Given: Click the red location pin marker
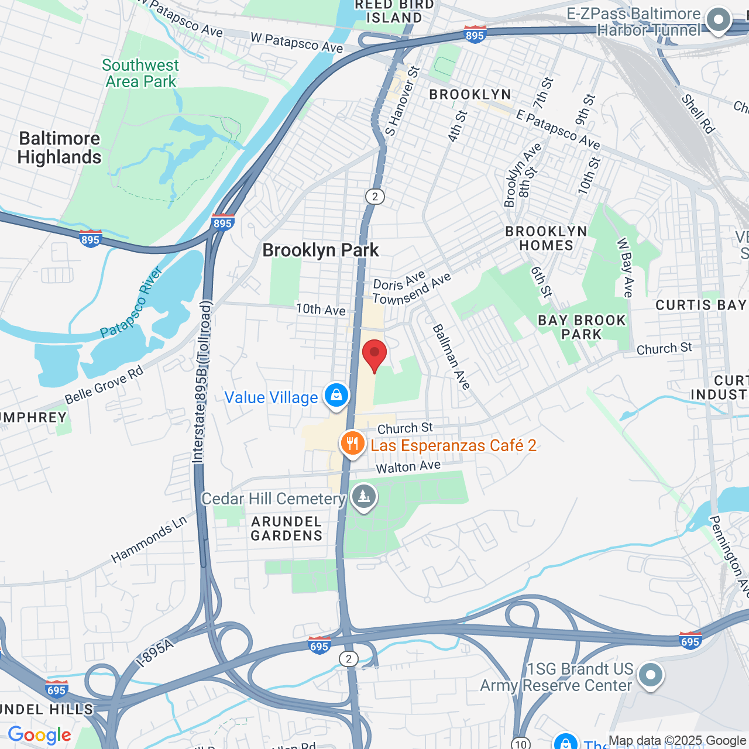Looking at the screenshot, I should tap(374, 353).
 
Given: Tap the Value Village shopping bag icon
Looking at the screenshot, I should tap(336, 396).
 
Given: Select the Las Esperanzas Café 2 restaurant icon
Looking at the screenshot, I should tap(352, 444).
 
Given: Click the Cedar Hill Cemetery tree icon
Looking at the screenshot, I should tap(364, 497).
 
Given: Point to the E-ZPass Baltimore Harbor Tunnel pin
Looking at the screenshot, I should tap(718, 20).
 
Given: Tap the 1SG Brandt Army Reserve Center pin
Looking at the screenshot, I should tap(650, 675).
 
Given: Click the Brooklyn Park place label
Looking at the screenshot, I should tap(321, 250).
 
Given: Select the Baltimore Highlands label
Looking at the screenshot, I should tap(60, 147).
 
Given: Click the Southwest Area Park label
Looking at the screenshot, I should tap(140, 73).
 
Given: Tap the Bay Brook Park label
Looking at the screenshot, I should tap(582, 327).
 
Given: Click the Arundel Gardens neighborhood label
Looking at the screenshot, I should tap(286, 528).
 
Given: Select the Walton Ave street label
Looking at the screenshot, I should tap(408, 467).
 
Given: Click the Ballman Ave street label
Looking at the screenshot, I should tap(451, 357).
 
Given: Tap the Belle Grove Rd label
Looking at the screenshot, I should tap(104, 386).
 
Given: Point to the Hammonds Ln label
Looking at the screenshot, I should tap(149, 539).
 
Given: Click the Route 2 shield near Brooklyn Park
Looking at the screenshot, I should tap(375, 197).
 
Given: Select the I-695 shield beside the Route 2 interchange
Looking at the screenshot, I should tap(319, 645).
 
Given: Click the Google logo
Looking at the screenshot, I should tap(39, 735).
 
